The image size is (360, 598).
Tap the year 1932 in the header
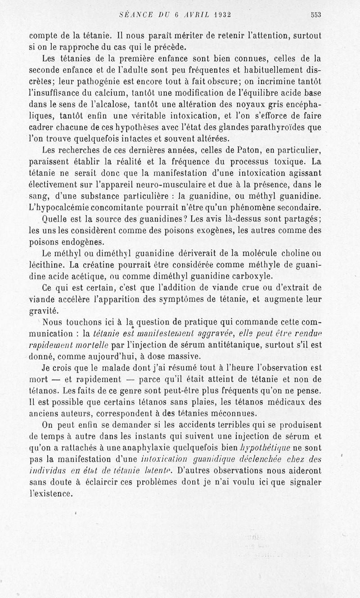pyautogui.click(x=216, y=14)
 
